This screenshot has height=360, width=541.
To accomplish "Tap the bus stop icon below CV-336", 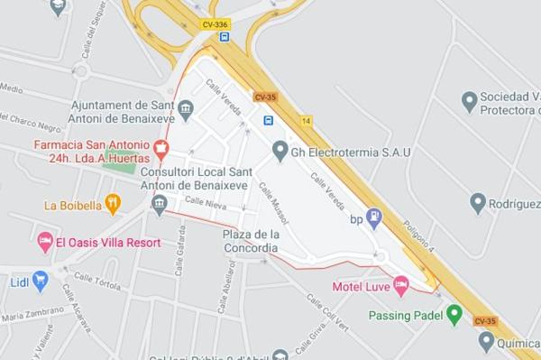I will click(225, 38).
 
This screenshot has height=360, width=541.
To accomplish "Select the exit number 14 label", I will click(307, 120).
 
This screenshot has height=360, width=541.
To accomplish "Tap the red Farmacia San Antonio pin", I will click(161, 148).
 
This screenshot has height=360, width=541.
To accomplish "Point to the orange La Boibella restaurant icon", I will click(113, 204).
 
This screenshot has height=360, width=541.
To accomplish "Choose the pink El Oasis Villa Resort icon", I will click(44, 242).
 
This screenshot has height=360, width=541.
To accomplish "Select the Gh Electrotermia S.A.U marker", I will click(280, 152).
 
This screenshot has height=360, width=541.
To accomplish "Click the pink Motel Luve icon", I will click(401, 286).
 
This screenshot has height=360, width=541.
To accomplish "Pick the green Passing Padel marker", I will click(454, 315).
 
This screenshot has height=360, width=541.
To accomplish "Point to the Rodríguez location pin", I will click(478, 204).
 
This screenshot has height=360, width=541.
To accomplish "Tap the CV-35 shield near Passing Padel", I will click(485, 321).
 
